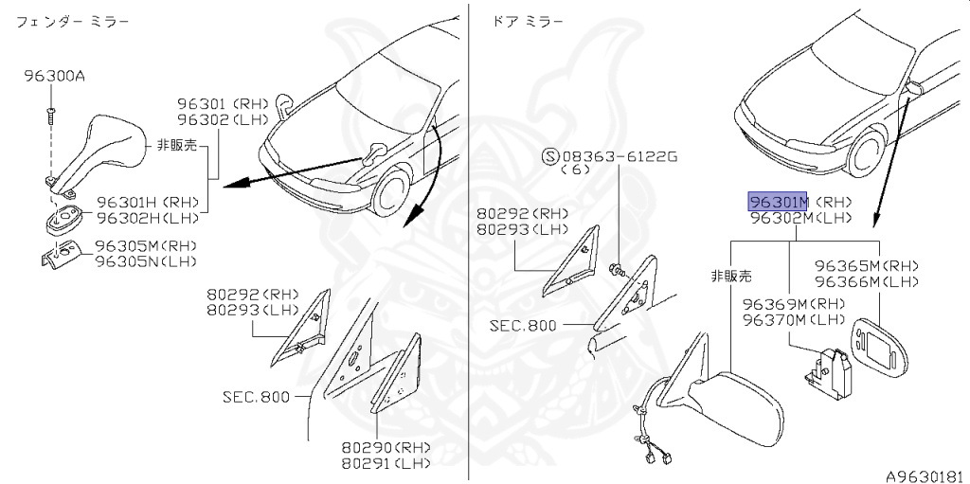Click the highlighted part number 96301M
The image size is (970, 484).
[x=778, y=202]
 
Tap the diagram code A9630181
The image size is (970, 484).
[x=925, y=475]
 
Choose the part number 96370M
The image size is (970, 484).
[x=775, y=319]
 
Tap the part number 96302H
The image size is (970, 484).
[x=129, y=217]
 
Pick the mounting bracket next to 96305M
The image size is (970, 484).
[x=63, y=254]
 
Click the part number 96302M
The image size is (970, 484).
[x=778, y=218]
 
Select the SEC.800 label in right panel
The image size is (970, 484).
[x=524, y=325]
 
